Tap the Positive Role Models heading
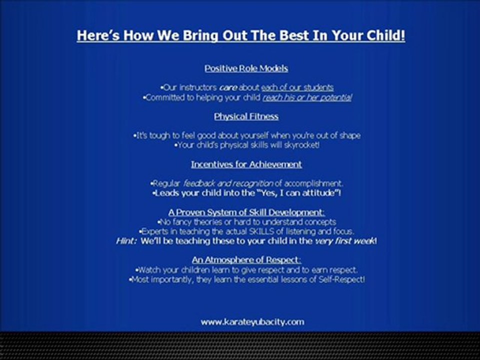[x=246, y=68]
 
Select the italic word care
[x=228, y=88]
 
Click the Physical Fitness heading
[x=246, y=116]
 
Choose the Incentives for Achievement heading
[x=246, y=164]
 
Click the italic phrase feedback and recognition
[x=228, y=183]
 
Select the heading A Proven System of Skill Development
[x=246, y=212]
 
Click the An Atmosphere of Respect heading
[x=246, y=260]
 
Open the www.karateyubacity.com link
[x=252, y=322]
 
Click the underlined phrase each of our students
[x=297, y=87]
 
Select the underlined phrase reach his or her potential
[x=307, y=97]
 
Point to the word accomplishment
[x=313, y=183]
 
